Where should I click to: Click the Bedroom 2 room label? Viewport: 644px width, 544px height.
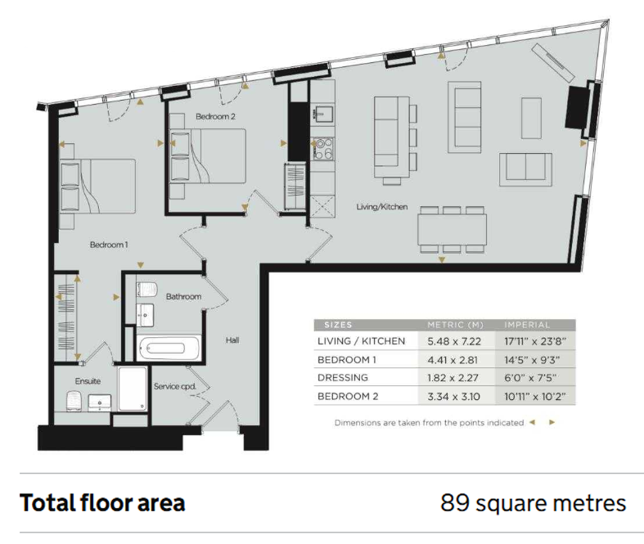(x=215, y=117)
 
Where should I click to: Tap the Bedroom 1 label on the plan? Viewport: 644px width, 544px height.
(x=109, y=245)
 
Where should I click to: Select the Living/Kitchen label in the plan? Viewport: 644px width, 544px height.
(x=382, y=206)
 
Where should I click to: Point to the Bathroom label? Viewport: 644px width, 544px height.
(x=183, y=296)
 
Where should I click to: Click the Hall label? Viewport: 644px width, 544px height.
(x=232, y=340)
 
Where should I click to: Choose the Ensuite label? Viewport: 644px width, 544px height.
(x=88, y=381)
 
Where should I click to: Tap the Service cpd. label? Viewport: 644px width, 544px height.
(x=175, y=386)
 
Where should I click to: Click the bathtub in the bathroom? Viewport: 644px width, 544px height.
(x=169, y=348)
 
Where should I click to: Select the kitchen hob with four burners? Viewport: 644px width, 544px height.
(x=323, y=149)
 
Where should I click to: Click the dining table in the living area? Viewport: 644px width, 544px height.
(x=453, y=229)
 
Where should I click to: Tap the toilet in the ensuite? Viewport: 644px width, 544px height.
(x=73, y=400)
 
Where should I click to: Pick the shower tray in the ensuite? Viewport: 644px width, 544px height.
(x=133, y=389)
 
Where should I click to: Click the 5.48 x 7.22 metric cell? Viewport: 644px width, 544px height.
(x=454, y=341)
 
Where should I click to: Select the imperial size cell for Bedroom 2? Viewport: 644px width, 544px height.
(x=534, y=397)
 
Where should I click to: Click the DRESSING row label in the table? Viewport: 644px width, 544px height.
(x=343, y=378)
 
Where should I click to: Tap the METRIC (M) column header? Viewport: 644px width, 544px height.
(x=456, y=325)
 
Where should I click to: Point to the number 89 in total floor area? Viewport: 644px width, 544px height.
(x=455, y=502)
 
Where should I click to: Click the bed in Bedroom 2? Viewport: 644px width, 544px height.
(x=208, y=156)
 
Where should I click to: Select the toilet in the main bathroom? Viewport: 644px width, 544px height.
(x=147, y=289)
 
